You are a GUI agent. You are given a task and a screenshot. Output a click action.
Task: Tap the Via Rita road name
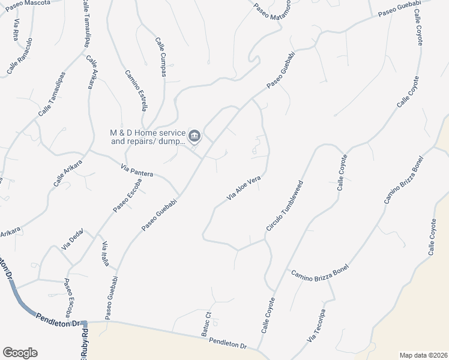click(x=16, y=29)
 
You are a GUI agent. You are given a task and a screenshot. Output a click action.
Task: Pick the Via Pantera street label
click(x=137, y=170)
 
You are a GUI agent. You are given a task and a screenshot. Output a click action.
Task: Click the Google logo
click(x=20, y=353)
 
